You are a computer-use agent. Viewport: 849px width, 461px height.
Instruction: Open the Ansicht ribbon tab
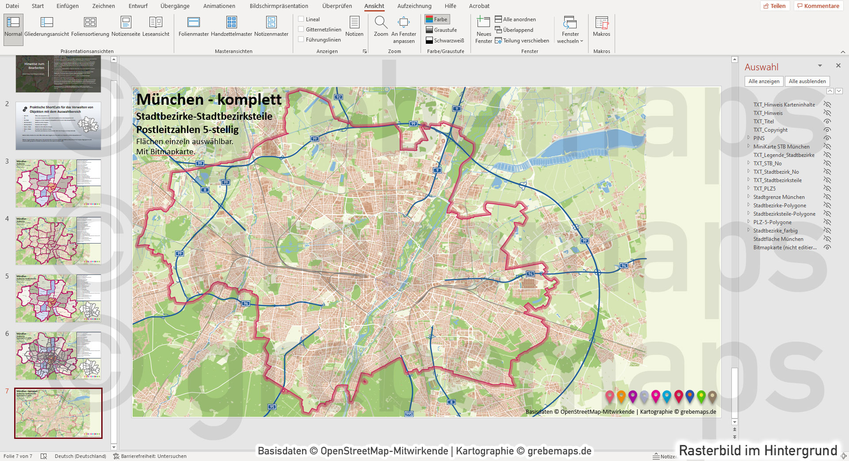[374, 6]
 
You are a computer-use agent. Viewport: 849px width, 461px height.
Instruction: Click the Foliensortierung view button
[90, 26]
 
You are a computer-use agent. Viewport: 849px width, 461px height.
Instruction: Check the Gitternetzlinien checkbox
[301, 30]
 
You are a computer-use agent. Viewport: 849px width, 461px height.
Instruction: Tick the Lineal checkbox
[301, 19]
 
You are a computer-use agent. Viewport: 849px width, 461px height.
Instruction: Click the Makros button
[601, 26]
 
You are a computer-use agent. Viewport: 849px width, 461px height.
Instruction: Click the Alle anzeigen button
[764, 81]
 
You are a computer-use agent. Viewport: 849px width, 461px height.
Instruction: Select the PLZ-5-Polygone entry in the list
[772, 222]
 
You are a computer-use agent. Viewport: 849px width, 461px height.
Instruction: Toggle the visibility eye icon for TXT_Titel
[827, 122]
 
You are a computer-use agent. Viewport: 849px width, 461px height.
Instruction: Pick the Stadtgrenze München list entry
[779, 197]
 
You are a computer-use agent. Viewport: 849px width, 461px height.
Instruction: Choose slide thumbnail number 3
[58, 183]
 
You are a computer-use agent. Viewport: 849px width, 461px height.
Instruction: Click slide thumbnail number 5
[58, 298]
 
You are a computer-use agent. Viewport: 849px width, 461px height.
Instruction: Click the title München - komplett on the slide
[209, 99]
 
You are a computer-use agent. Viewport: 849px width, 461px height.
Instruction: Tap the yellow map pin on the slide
[701, 396]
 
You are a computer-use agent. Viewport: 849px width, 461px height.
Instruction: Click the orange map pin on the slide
[621, 396]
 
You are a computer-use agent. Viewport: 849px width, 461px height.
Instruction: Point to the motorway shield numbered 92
[338, 97]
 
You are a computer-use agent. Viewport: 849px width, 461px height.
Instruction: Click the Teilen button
[775, 6]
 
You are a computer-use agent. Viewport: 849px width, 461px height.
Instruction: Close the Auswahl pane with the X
[838, 65]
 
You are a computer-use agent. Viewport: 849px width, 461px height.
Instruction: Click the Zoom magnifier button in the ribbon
[381, 26]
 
